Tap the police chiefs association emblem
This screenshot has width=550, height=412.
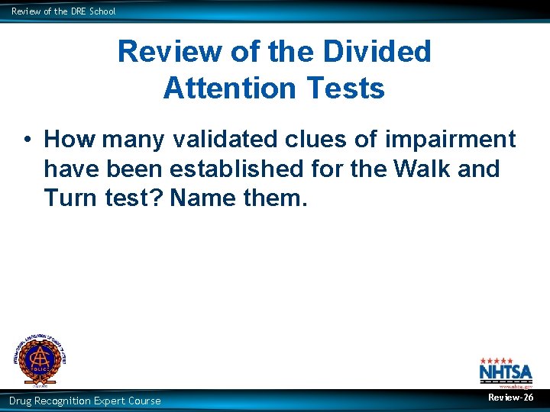click(39, 359)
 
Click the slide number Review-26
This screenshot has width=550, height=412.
click(511, 398)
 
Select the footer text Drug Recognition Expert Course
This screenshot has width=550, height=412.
click(85, 401)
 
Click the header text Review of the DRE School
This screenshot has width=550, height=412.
click(63, 11)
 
